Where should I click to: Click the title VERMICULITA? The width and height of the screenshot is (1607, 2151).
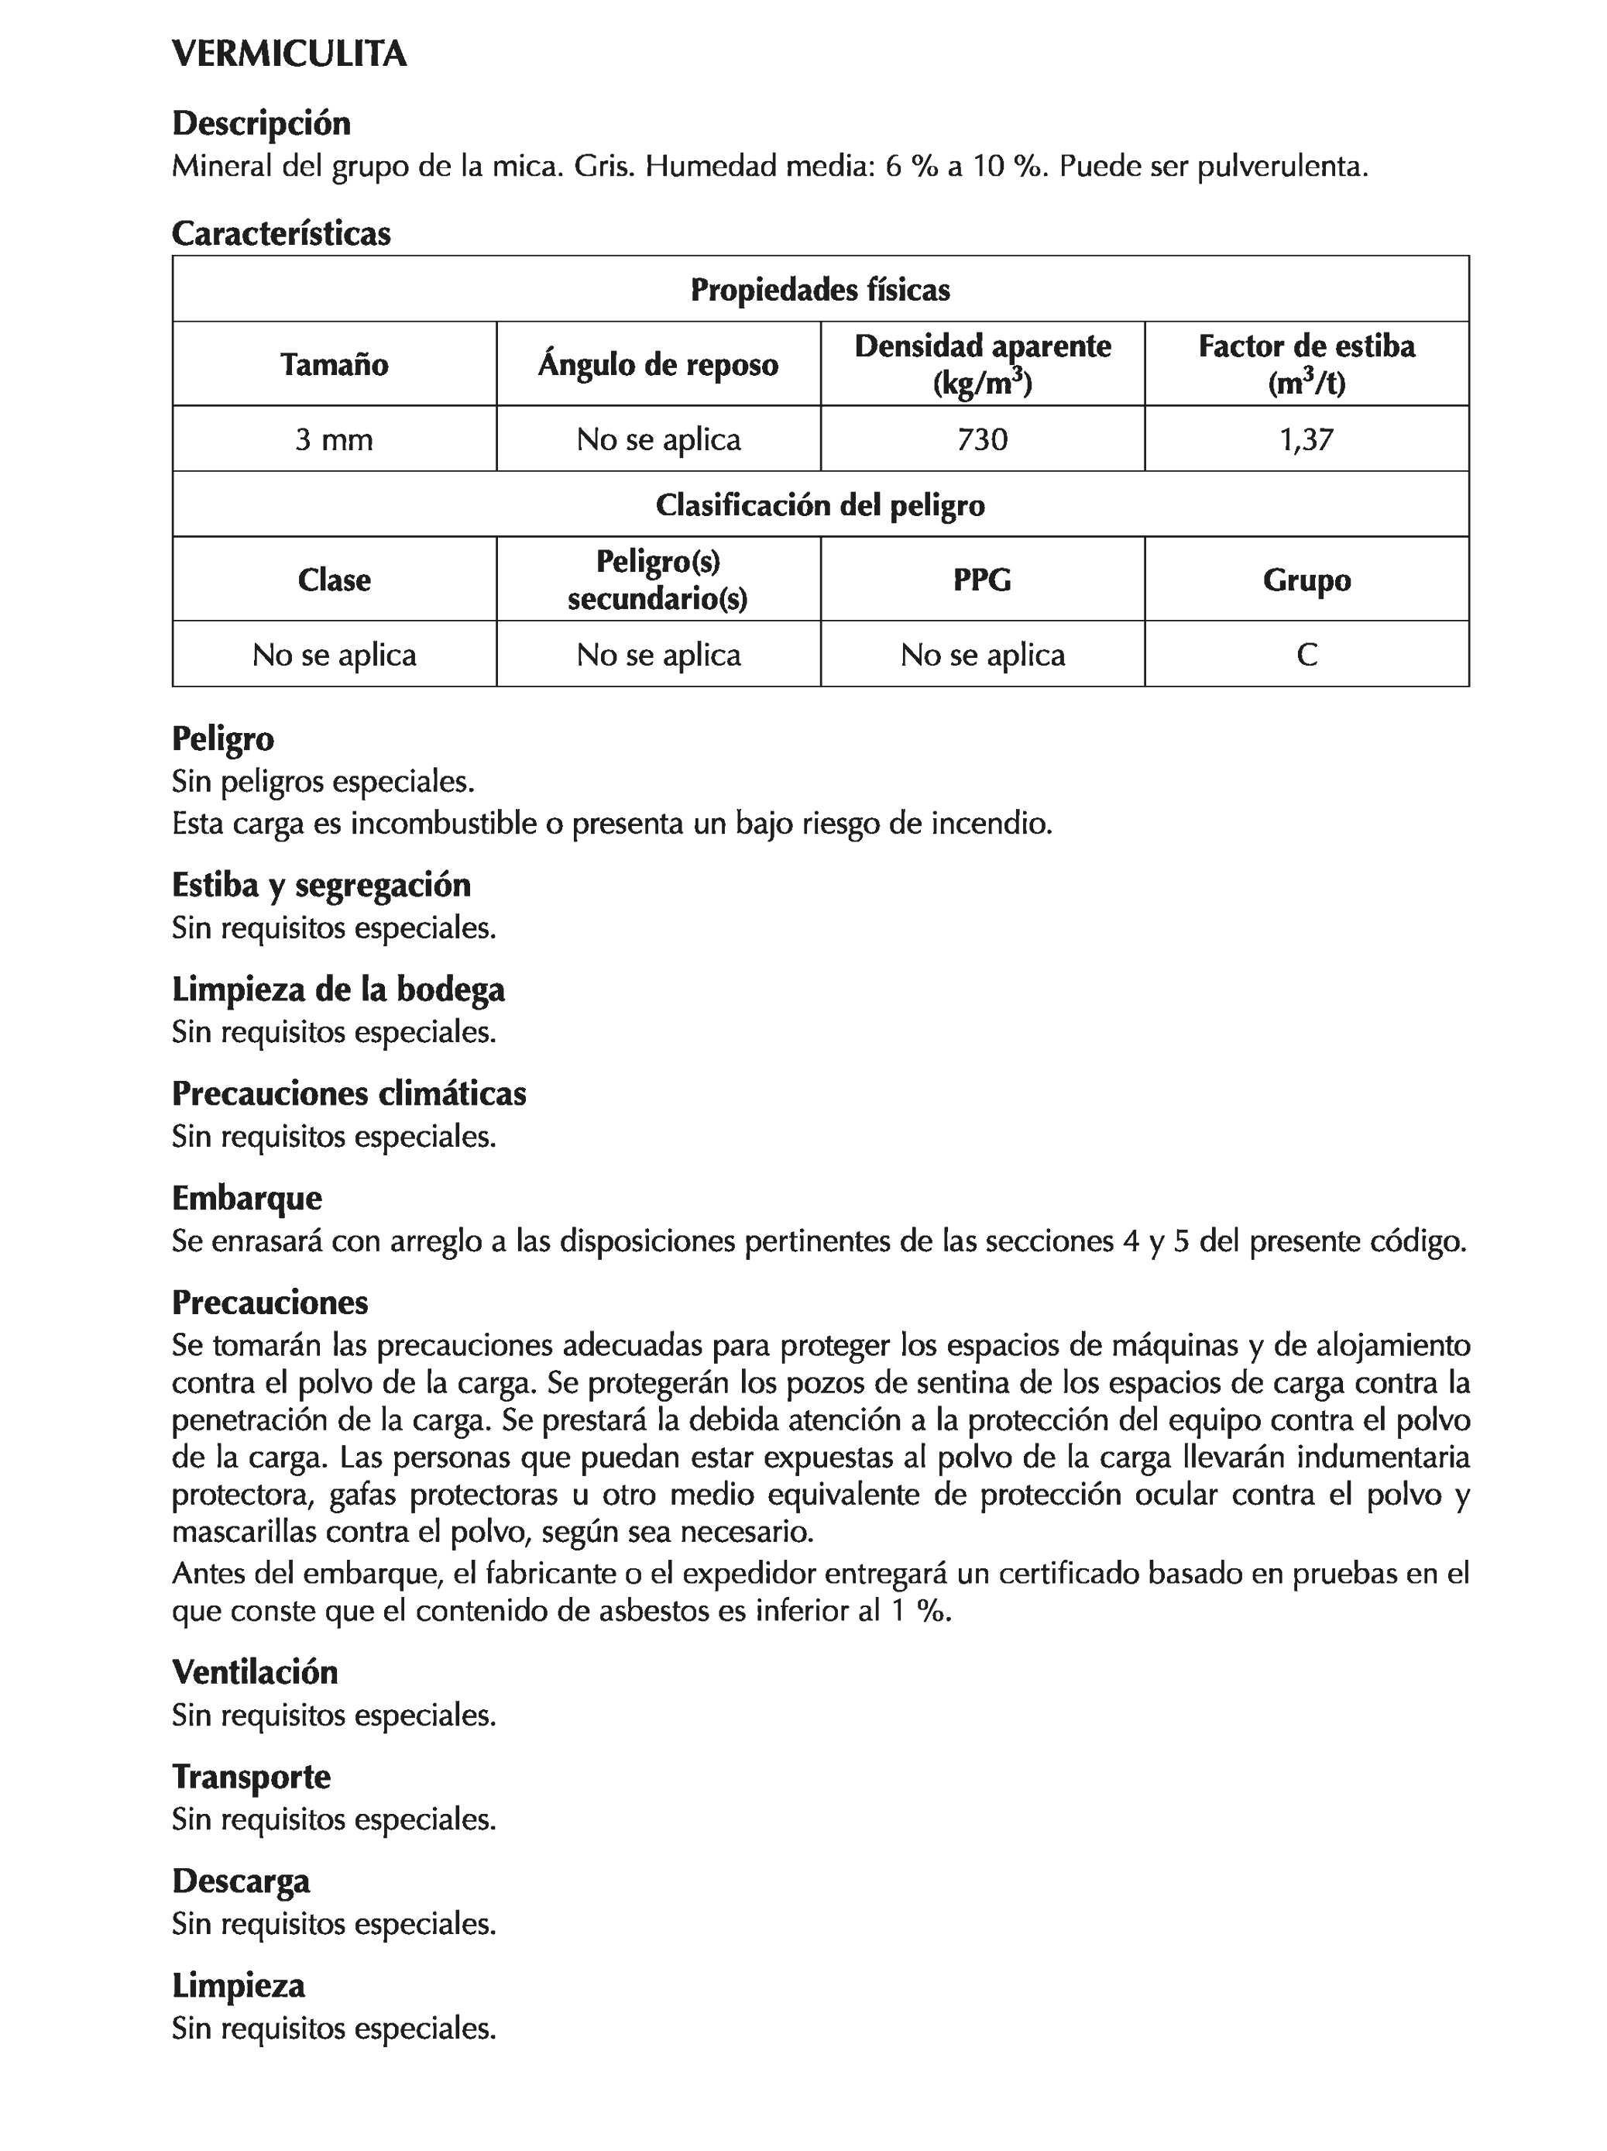[289, 53]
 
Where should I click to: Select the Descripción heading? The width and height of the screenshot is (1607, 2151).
[260, 123]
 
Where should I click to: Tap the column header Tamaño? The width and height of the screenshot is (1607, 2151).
[334, 365]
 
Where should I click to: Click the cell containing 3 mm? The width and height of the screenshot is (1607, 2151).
[334, 439]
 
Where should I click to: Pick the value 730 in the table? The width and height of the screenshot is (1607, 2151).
[982, 439]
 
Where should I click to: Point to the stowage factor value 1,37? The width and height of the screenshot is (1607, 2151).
[1306, 439]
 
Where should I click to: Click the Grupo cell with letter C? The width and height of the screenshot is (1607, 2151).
[1306, 655]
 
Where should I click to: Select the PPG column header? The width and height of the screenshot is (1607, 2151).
[982, 580]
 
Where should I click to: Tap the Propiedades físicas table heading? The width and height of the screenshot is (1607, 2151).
[819, 290]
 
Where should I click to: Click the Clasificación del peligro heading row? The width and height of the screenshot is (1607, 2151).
[819, 504]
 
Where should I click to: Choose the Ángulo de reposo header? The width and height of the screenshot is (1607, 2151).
[658, 365]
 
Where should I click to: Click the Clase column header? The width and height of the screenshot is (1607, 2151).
[334, 580]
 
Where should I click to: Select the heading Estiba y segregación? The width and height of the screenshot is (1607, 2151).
[321, 885]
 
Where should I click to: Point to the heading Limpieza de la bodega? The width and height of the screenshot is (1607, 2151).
[338, 989]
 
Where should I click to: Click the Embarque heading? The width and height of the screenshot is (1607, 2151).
[246, 1197]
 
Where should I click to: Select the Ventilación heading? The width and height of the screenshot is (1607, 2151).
[255, 1671]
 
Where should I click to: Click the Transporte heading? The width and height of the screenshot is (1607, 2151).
[251, 1777]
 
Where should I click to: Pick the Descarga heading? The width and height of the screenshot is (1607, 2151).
[240, 1881]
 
